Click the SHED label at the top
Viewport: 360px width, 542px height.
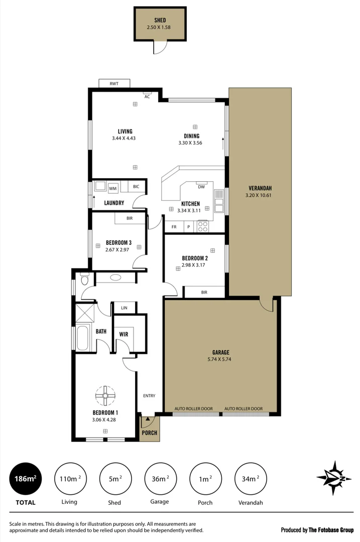pyautogui.click(x=160, y=20)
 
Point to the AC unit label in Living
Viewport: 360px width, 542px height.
pyautogui.click(x=147, y=96)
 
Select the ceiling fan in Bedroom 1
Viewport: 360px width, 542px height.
pyautogui.click(x=105, y=395)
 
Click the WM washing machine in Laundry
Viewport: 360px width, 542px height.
pyautogui.click(x=113, y=188)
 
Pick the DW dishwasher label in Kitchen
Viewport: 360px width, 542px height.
pyautogui.click(x=201, y=187)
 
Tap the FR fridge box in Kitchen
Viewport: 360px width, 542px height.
pyautogui.click(x=174, y=227)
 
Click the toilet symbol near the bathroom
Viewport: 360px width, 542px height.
pyautogui.click(x=84, y=277)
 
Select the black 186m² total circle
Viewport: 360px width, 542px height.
pyautogui.click(x=26, y=479)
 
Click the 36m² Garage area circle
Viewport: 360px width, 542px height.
pyautogui.click(x=160, y=479)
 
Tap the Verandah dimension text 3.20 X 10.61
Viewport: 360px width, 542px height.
pyautogui.click(x=259, y=195)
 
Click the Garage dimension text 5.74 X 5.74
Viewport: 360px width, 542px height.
pyautogui.click(x=220, y=359)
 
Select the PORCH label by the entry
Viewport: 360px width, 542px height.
pyautogui.click(x=150, y=433)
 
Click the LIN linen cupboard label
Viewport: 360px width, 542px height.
pyautogui.click(x=124, y=308)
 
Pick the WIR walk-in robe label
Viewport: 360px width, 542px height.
pyautogui.click(x=124, y=334)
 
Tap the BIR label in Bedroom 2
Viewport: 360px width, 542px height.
pyautogui.click(x=204, y=292)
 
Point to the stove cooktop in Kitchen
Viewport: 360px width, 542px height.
pyautogui.click(x=203, y=226)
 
